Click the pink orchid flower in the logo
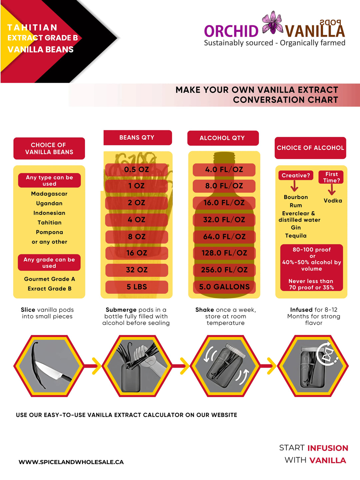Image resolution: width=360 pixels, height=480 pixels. [272, 23]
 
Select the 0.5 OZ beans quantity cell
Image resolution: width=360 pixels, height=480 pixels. [137, 169]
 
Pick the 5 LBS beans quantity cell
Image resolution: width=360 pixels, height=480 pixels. [137, 287]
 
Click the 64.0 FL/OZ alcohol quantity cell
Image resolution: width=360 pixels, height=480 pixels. [224, 237]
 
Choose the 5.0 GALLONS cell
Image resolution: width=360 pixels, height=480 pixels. [224, 287]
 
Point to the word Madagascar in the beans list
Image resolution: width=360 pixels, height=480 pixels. [49, 194]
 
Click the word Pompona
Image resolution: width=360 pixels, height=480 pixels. [49, 232]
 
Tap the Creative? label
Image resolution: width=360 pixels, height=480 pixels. [296, 175]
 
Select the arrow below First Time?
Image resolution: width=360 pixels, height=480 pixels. [332, 189]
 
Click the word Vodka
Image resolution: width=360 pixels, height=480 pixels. [333, 201]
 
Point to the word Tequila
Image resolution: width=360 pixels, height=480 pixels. [296, 236]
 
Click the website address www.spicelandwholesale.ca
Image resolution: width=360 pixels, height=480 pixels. [71, 462]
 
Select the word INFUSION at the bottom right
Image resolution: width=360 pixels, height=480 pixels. [328, 448]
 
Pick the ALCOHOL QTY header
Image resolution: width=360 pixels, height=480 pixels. [223, 138]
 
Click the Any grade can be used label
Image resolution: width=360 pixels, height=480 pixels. [49, 262]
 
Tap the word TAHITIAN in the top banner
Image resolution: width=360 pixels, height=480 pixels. [32, 28]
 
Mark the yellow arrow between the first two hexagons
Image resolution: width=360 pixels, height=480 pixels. [97, 366]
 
